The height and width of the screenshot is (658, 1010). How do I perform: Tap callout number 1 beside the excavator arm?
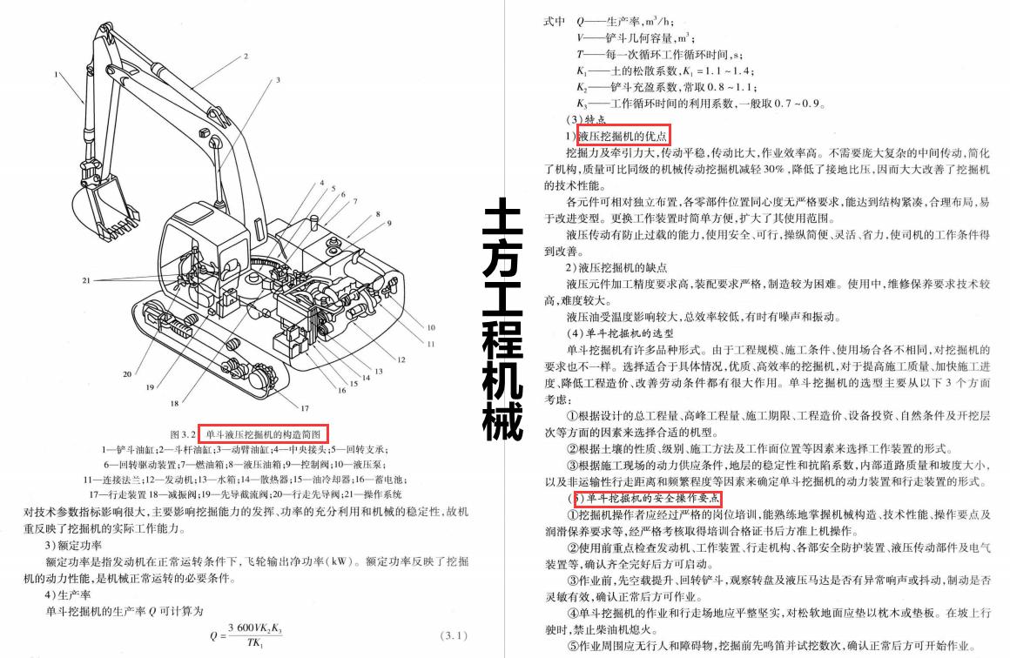(57, 75)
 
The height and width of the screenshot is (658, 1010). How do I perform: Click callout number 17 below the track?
(305, 407)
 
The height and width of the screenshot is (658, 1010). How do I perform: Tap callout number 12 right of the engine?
(401, 359)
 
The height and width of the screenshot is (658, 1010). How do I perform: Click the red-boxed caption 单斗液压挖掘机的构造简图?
(263, 433)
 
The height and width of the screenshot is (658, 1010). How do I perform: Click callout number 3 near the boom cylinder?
(278, 79)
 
